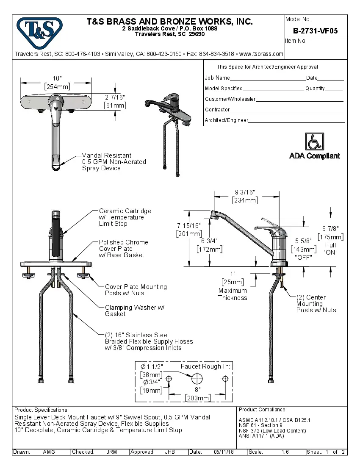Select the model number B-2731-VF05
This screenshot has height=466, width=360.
click(x=315, y=31)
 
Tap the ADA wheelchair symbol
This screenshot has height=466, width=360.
click(x=314, y=141)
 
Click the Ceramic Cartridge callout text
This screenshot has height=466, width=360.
click(x=125, y=217)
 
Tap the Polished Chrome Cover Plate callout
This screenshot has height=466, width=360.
click(x=123, y=248)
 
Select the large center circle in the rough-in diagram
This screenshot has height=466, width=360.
click(x=197, y=378)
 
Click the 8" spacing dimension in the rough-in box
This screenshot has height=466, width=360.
click(x=198, y=389)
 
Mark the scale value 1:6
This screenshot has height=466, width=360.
click(x=285, y=452)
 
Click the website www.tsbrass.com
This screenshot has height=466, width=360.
click(x=261, y=54)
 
